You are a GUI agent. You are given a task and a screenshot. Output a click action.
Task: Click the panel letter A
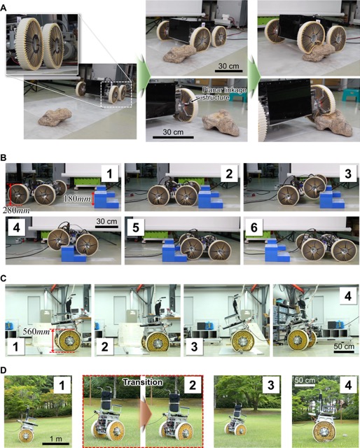[3, 8]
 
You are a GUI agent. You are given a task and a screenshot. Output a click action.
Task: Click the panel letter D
[3, 370]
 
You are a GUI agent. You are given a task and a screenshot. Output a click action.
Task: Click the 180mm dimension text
[76, 198]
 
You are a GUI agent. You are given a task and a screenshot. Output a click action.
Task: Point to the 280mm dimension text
[16, 211]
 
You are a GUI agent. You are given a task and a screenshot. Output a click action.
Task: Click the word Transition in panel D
[143, 382]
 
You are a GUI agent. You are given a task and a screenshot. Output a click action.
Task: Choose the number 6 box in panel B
[254, 227]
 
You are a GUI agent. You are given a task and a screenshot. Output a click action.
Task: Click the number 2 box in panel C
[104, 346]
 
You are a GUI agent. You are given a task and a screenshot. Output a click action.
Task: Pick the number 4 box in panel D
[348, 386]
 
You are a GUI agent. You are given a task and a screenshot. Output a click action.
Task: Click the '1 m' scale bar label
[56, 439]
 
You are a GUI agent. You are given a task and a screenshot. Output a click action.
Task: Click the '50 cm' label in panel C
[344, 346]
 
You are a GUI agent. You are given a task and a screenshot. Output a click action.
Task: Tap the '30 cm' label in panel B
[106, 221]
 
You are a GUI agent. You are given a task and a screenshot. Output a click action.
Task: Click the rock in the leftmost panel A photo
[55, 116]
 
